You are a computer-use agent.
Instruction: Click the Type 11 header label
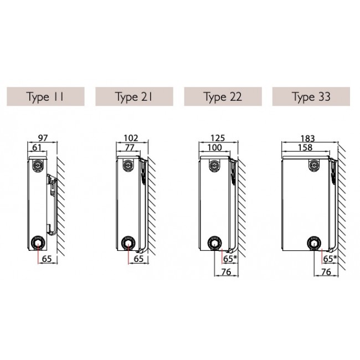pos(45,97)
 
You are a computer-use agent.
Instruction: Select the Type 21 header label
pos(134,97)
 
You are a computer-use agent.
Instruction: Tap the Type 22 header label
pos(223,97)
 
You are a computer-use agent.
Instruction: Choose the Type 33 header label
pos(311,97)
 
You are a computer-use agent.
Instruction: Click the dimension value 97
pos(43,138)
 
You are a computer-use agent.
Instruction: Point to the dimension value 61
pos(37,147)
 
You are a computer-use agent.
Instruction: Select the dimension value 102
pos(131,138)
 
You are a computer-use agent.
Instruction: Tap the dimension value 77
pos(130,147)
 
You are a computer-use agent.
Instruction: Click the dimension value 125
pos(218,138)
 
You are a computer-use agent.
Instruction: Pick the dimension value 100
pos(215,147)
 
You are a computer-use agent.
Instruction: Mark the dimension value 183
pos(307,138)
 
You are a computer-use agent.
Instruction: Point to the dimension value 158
pos(305,147)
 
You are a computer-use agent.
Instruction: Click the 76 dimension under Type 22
pos(226,272)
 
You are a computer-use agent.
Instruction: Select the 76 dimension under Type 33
pos(326,272)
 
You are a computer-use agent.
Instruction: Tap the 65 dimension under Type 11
pos(47,259)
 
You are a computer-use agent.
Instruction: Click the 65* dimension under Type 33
pos(330,259)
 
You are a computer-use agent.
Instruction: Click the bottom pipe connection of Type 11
pos(37,243)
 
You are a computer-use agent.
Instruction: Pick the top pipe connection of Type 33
pos(315,165)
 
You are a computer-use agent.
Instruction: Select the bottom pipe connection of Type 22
pos(214,243)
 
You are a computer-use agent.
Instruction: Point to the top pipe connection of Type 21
pos(128,165)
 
